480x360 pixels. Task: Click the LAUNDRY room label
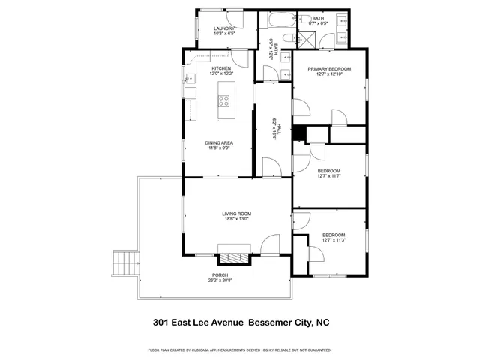(224, 28)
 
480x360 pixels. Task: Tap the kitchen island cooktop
(224, 100)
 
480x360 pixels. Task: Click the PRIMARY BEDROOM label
(329, 68)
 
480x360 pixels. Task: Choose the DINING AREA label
(220, 142)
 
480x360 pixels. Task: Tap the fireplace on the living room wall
(231, 256)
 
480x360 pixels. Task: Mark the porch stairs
(124, 262)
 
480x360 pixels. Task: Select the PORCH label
(220, 275)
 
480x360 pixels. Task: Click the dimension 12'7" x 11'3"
(334, 241)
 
